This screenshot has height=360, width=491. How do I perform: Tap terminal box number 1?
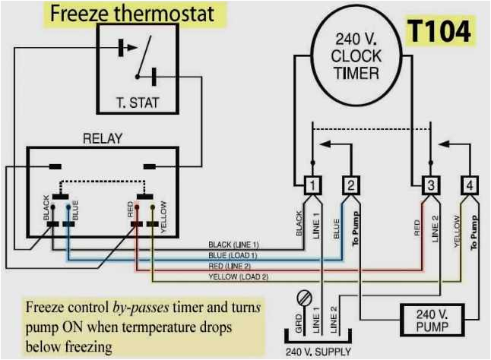(x=312, y=185)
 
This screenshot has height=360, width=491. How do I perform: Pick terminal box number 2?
(x=350, y=185)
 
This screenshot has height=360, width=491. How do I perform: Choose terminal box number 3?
(x=430, y=185)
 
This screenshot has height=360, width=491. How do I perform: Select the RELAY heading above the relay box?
(x=103, y=139)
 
